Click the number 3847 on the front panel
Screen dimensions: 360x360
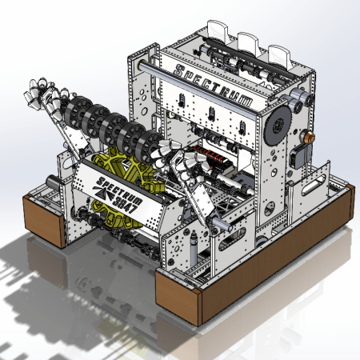[127, 203]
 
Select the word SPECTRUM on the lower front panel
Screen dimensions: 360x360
[119, 190]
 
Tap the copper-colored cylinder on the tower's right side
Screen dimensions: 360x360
[309, 137]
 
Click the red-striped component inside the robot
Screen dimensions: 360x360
[210, 157]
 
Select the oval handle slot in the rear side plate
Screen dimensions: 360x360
[314, 185]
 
